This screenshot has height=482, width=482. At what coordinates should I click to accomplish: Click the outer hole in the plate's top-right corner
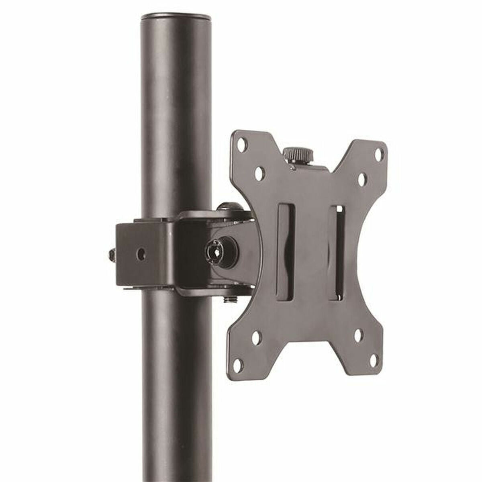[x=379, y=153]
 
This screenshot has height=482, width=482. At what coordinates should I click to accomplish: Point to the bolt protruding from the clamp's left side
[x=111, y=255]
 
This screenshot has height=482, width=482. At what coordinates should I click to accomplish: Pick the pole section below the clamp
[x=176, y=382]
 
